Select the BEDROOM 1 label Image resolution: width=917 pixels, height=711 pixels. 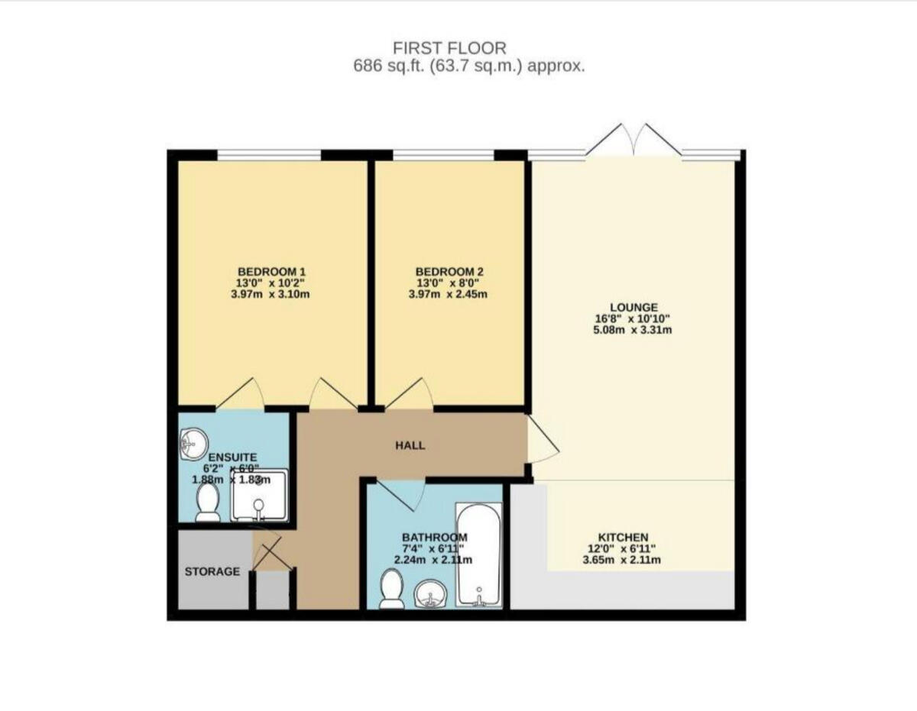272,272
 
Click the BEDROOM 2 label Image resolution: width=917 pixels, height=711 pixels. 449,272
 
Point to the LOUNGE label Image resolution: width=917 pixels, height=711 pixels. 633,308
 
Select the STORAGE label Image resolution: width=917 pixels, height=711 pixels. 212,571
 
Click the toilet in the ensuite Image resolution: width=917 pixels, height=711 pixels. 207,503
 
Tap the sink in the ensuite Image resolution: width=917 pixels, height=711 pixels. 194,441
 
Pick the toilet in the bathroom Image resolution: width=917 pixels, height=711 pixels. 392,590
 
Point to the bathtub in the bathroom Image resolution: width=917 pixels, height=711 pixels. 478,554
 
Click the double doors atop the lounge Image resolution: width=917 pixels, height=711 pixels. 634,141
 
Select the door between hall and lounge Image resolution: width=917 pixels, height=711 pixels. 542,445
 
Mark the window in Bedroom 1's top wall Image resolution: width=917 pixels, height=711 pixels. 269,156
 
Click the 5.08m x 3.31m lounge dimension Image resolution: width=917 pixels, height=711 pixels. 633,330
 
